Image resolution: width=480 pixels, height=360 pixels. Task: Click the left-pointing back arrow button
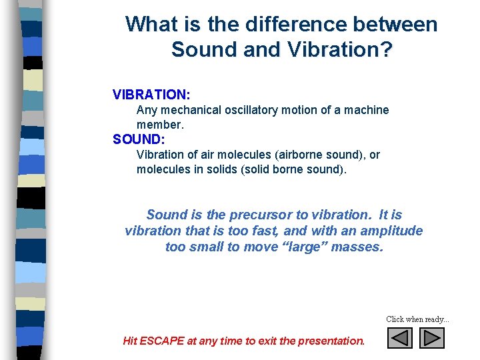pyautogui.click(x=400, y=338)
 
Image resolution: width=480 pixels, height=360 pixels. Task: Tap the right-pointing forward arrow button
pyautogui.click(x=433, y=338)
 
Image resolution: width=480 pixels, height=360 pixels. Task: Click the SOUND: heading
pyautogui.click(x=139, y=139)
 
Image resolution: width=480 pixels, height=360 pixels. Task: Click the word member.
pyautogui.click(x=159, y=125)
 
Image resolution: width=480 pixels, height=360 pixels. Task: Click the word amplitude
pyautogui.click(x=392, y=231)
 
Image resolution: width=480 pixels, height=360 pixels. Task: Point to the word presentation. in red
pyautogui.click(x=329, y=341)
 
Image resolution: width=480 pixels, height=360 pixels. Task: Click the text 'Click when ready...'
pyautogui.click(x=417, y=319)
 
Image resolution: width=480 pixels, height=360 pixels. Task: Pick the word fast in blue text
pyautogui.click(x=285, y=231)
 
